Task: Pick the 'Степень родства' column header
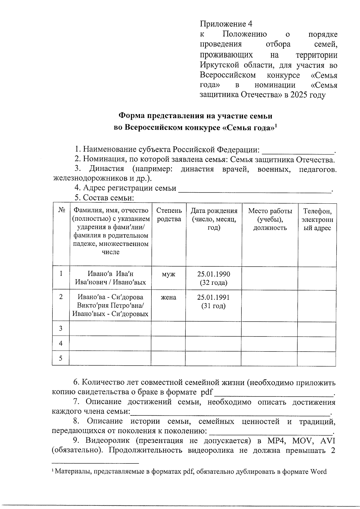coord(169,215)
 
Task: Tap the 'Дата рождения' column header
coord(214,219)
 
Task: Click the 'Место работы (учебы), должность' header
coord(270,219)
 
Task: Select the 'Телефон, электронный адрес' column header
coord(317,219)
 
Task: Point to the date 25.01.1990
coord(214,274)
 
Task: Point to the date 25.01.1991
coord(213,297)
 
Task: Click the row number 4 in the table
coord(61,343)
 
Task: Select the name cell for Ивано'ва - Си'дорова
coord(110,305)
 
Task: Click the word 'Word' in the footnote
coord(318,472)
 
